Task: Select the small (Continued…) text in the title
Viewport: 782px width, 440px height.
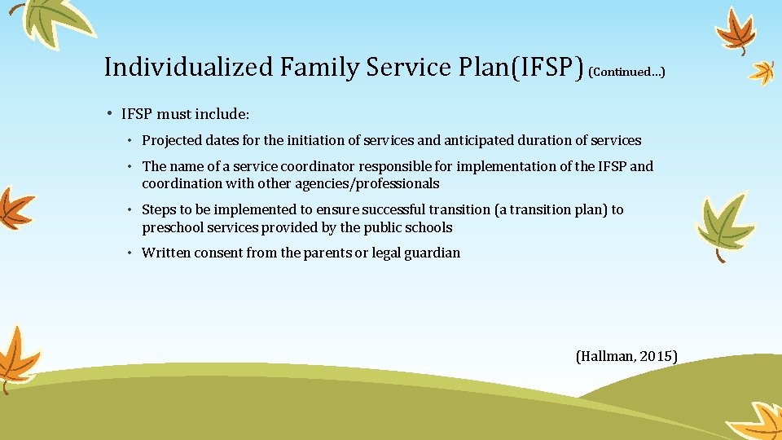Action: coord(626,72)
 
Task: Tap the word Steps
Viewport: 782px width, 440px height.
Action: coord(159,209)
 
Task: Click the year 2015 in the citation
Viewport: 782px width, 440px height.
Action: coord(658,356)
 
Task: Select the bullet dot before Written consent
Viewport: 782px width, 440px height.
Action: coord(130,253)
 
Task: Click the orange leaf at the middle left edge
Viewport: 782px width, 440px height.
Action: coord(15,208)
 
